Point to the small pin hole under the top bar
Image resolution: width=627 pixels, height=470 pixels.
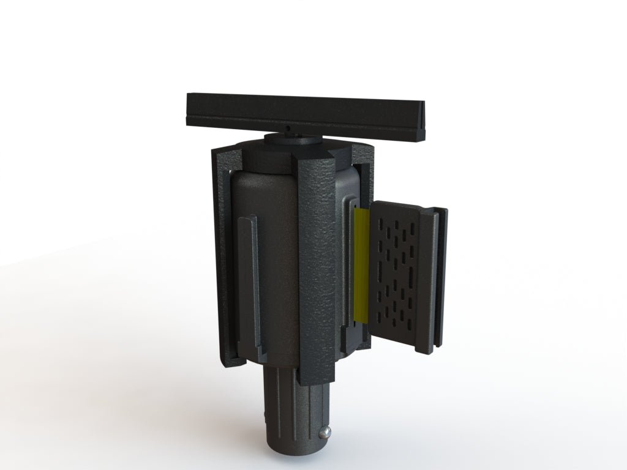287,129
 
